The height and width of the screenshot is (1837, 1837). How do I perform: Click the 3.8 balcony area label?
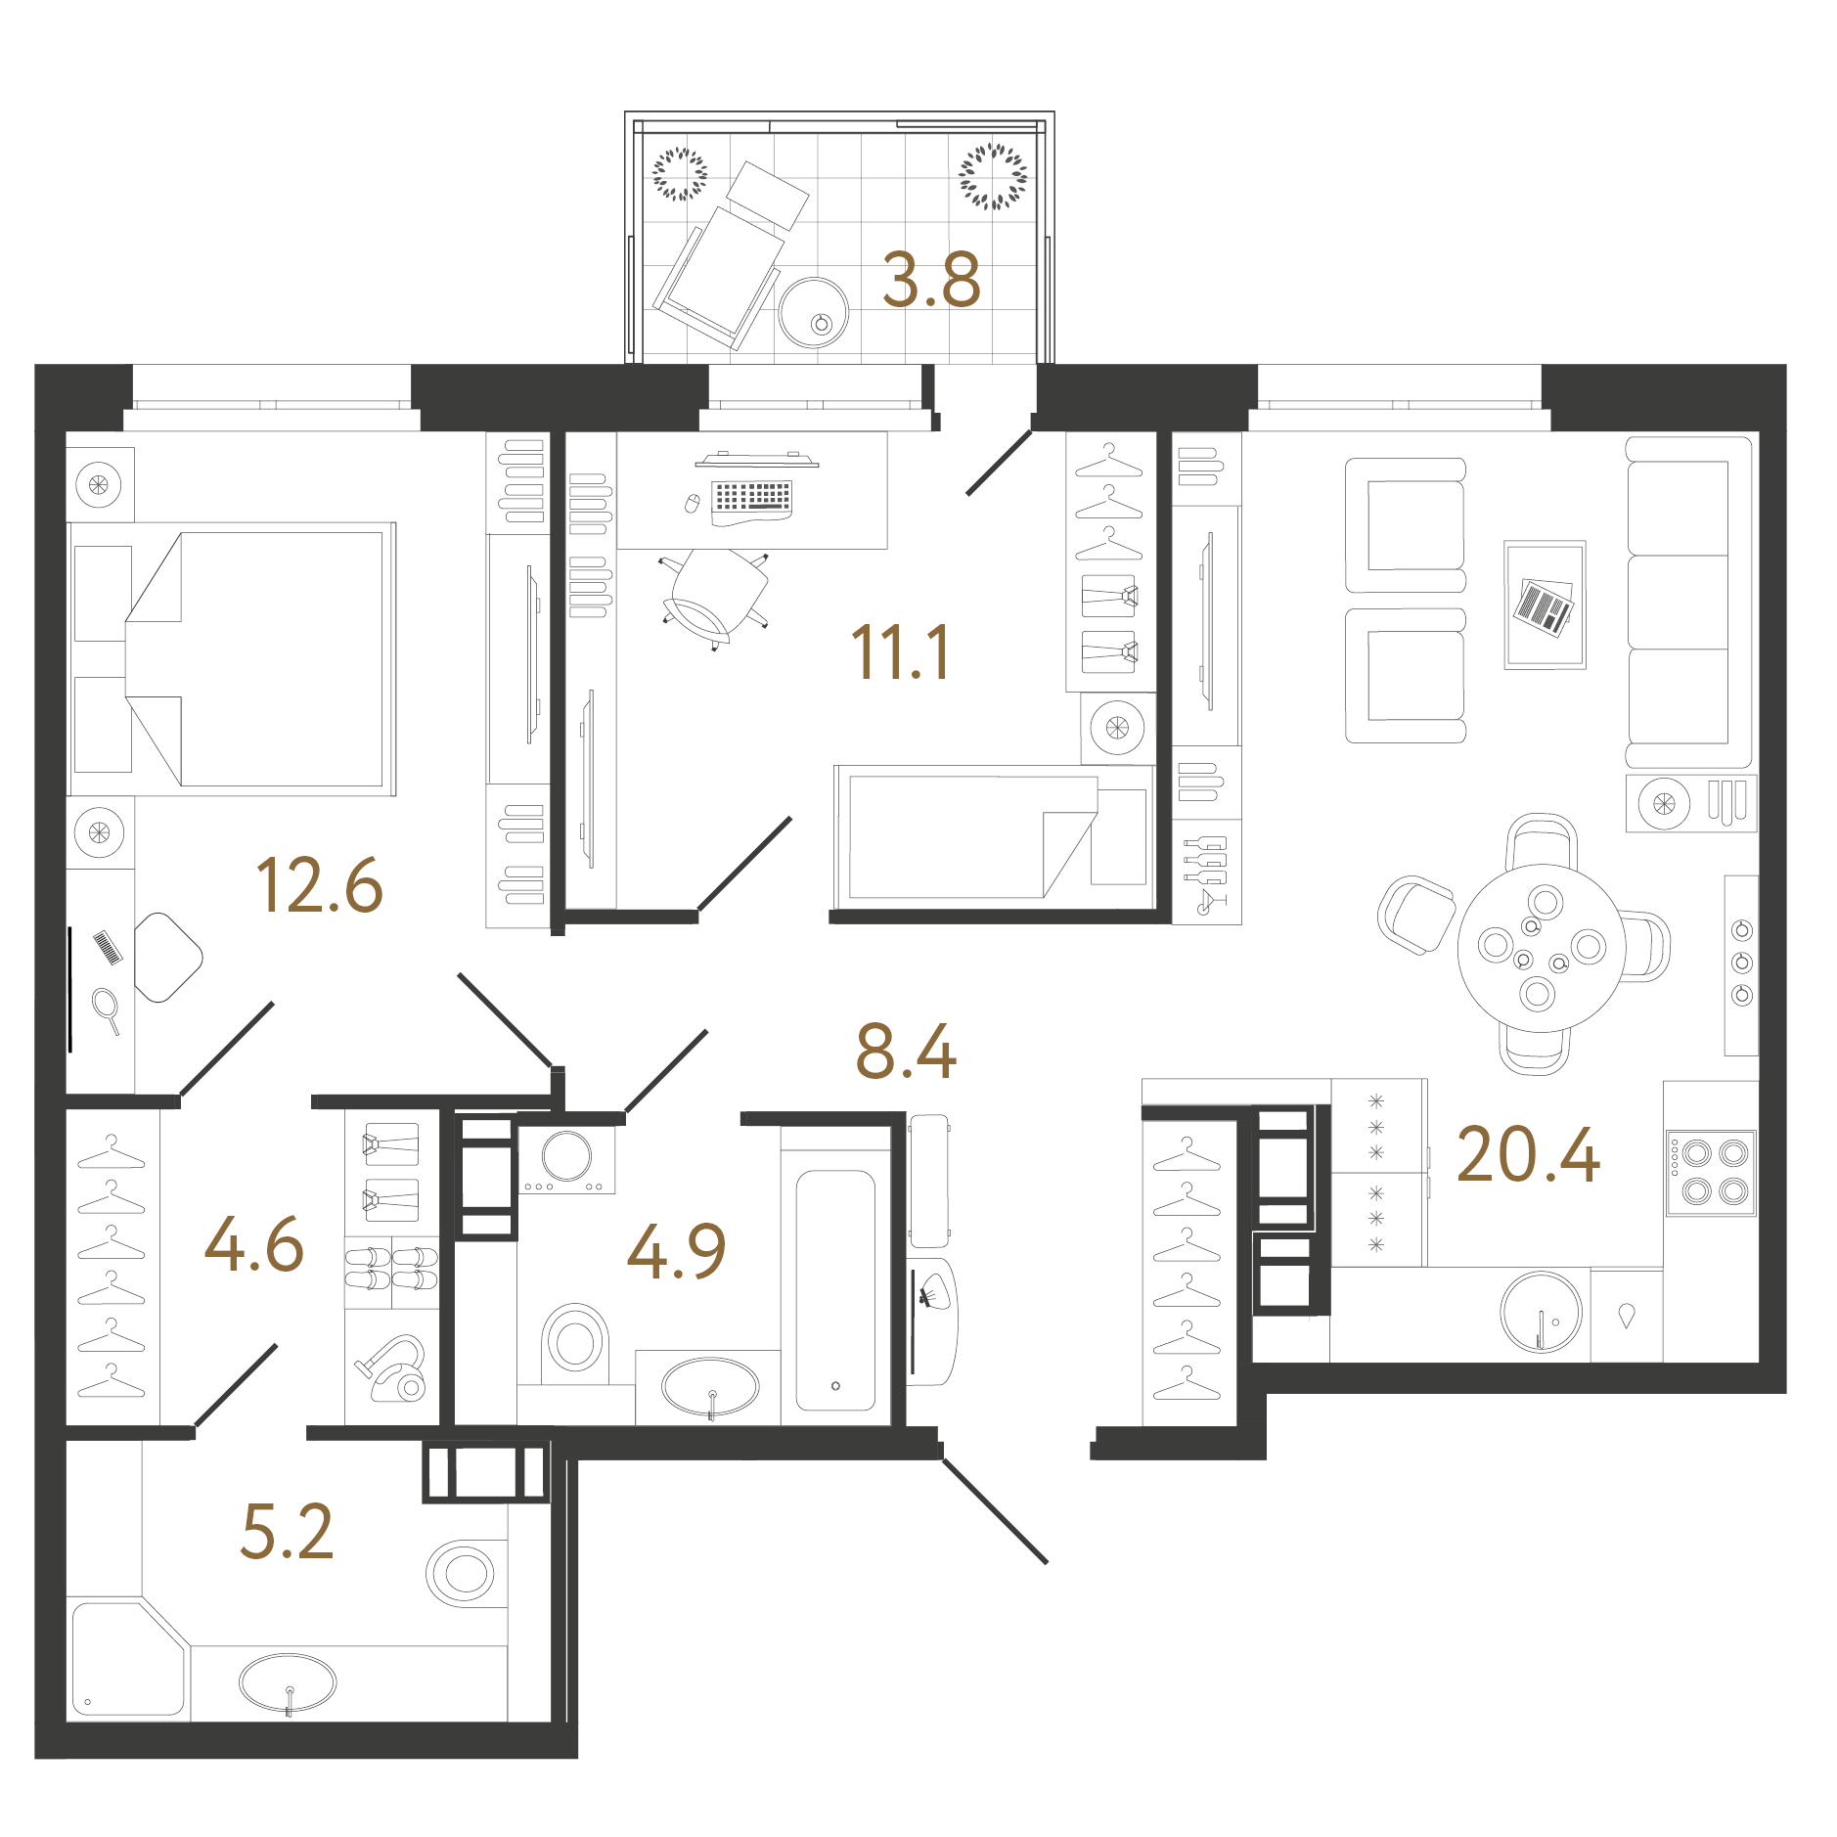pos(930,280)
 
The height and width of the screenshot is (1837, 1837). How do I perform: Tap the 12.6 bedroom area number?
pos(319,885)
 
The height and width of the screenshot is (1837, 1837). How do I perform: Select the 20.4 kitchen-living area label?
pos(1528,1154)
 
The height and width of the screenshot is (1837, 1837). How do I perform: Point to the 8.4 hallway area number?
pos(906,1052)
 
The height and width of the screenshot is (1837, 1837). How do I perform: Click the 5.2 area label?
pos(287,1532)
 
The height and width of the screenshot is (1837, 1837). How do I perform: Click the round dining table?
pos(1541,948)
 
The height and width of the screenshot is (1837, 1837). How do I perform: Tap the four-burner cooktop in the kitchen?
pos(1712,1173)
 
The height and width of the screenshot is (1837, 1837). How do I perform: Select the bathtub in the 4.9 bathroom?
pos(835,1290)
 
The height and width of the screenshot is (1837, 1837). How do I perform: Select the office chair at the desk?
pos(714,597)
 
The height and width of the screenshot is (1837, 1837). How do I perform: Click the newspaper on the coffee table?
pos(1545,606)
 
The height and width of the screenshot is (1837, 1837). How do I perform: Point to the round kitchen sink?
pos(1541,1312)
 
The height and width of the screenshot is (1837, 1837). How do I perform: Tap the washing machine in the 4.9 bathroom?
pos(566,1160)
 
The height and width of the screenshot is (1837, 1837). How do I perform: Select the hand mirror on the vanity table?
pos(107,1009)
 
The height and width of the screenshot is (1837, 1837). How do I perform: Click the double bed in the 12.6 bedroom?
pos(232,658)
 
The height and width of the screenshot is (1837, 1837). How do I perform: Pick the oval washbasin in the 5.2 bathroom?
pos(288,1683)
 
